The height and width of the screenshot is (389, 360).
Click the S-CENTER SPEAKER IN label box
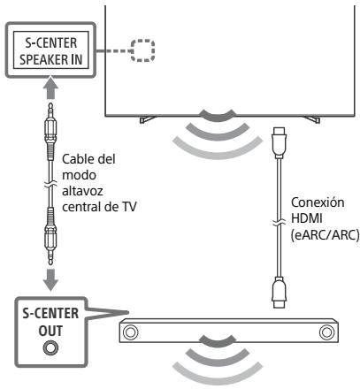pyautogui.click(x=50, y=50)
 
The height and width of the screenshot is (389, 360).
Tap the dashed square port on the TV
pyautogui.click(x=142, y=50)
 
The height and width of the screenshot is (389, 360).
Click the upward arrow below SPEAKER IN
pyautogui.click(x=50, y=88)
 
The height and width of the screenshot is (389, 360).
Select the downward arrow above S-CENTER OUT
pyautogui.click(x=50, y=279)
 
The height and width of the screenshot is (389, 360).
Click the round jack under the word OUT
pyautogui.click(x=50, y=348)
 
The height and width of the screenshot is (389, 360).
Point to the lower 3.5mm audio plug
pyautogui.click(x=50, y=237)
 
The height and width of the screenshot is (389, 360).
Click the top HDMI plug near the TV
pyautogui.click(x=279, y=142)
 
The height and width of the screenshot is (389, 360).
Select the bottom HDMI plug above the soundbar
pyautogui.click(x=279, y=292)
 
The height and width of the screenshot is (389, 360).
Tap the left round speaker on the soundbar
pyautogui.click(x=130, y=332)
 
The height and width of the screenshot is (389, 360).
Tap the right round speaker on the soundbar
pyautogui.click(x=326, y=332)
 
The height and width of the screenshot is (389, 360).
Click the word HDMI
pyautogui.click(x=306, y=218)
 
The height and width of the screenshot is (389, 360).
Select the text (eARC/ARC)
pyautogui.click(x=325, y=235)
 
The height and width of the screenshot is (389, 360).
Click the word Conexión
pyautogui.click(x=318, y=202)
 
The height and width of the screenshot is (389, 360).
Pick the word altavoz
pyautogui.click(x=82, y=191)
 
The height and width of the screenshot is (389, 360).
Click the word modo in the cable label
pyautogui.click(x=79, y=175)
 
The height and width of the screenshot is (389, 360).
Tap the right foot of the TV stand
pyautogui.click(x=312, y=119)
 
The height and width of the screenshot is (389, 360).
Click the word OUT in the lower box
pyautogui.click(x=50, y=331)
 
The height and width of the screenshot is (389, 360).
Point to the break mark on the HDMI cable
pyautogui.click(x=279, y=223)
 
